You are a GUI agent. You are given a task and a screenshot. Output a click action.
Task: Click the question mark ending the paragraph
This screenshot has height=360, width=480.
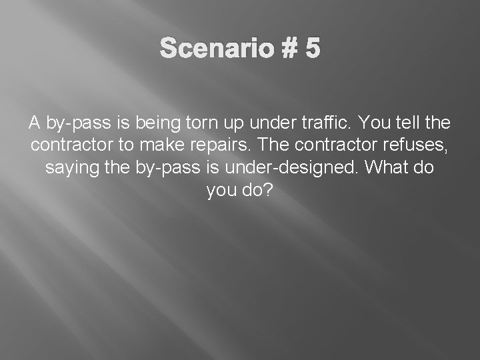[x=269, y=191]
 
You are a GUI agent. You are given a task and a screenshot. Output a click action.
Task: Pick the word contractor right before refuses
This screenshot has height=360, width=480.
[x=346, y=145]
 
